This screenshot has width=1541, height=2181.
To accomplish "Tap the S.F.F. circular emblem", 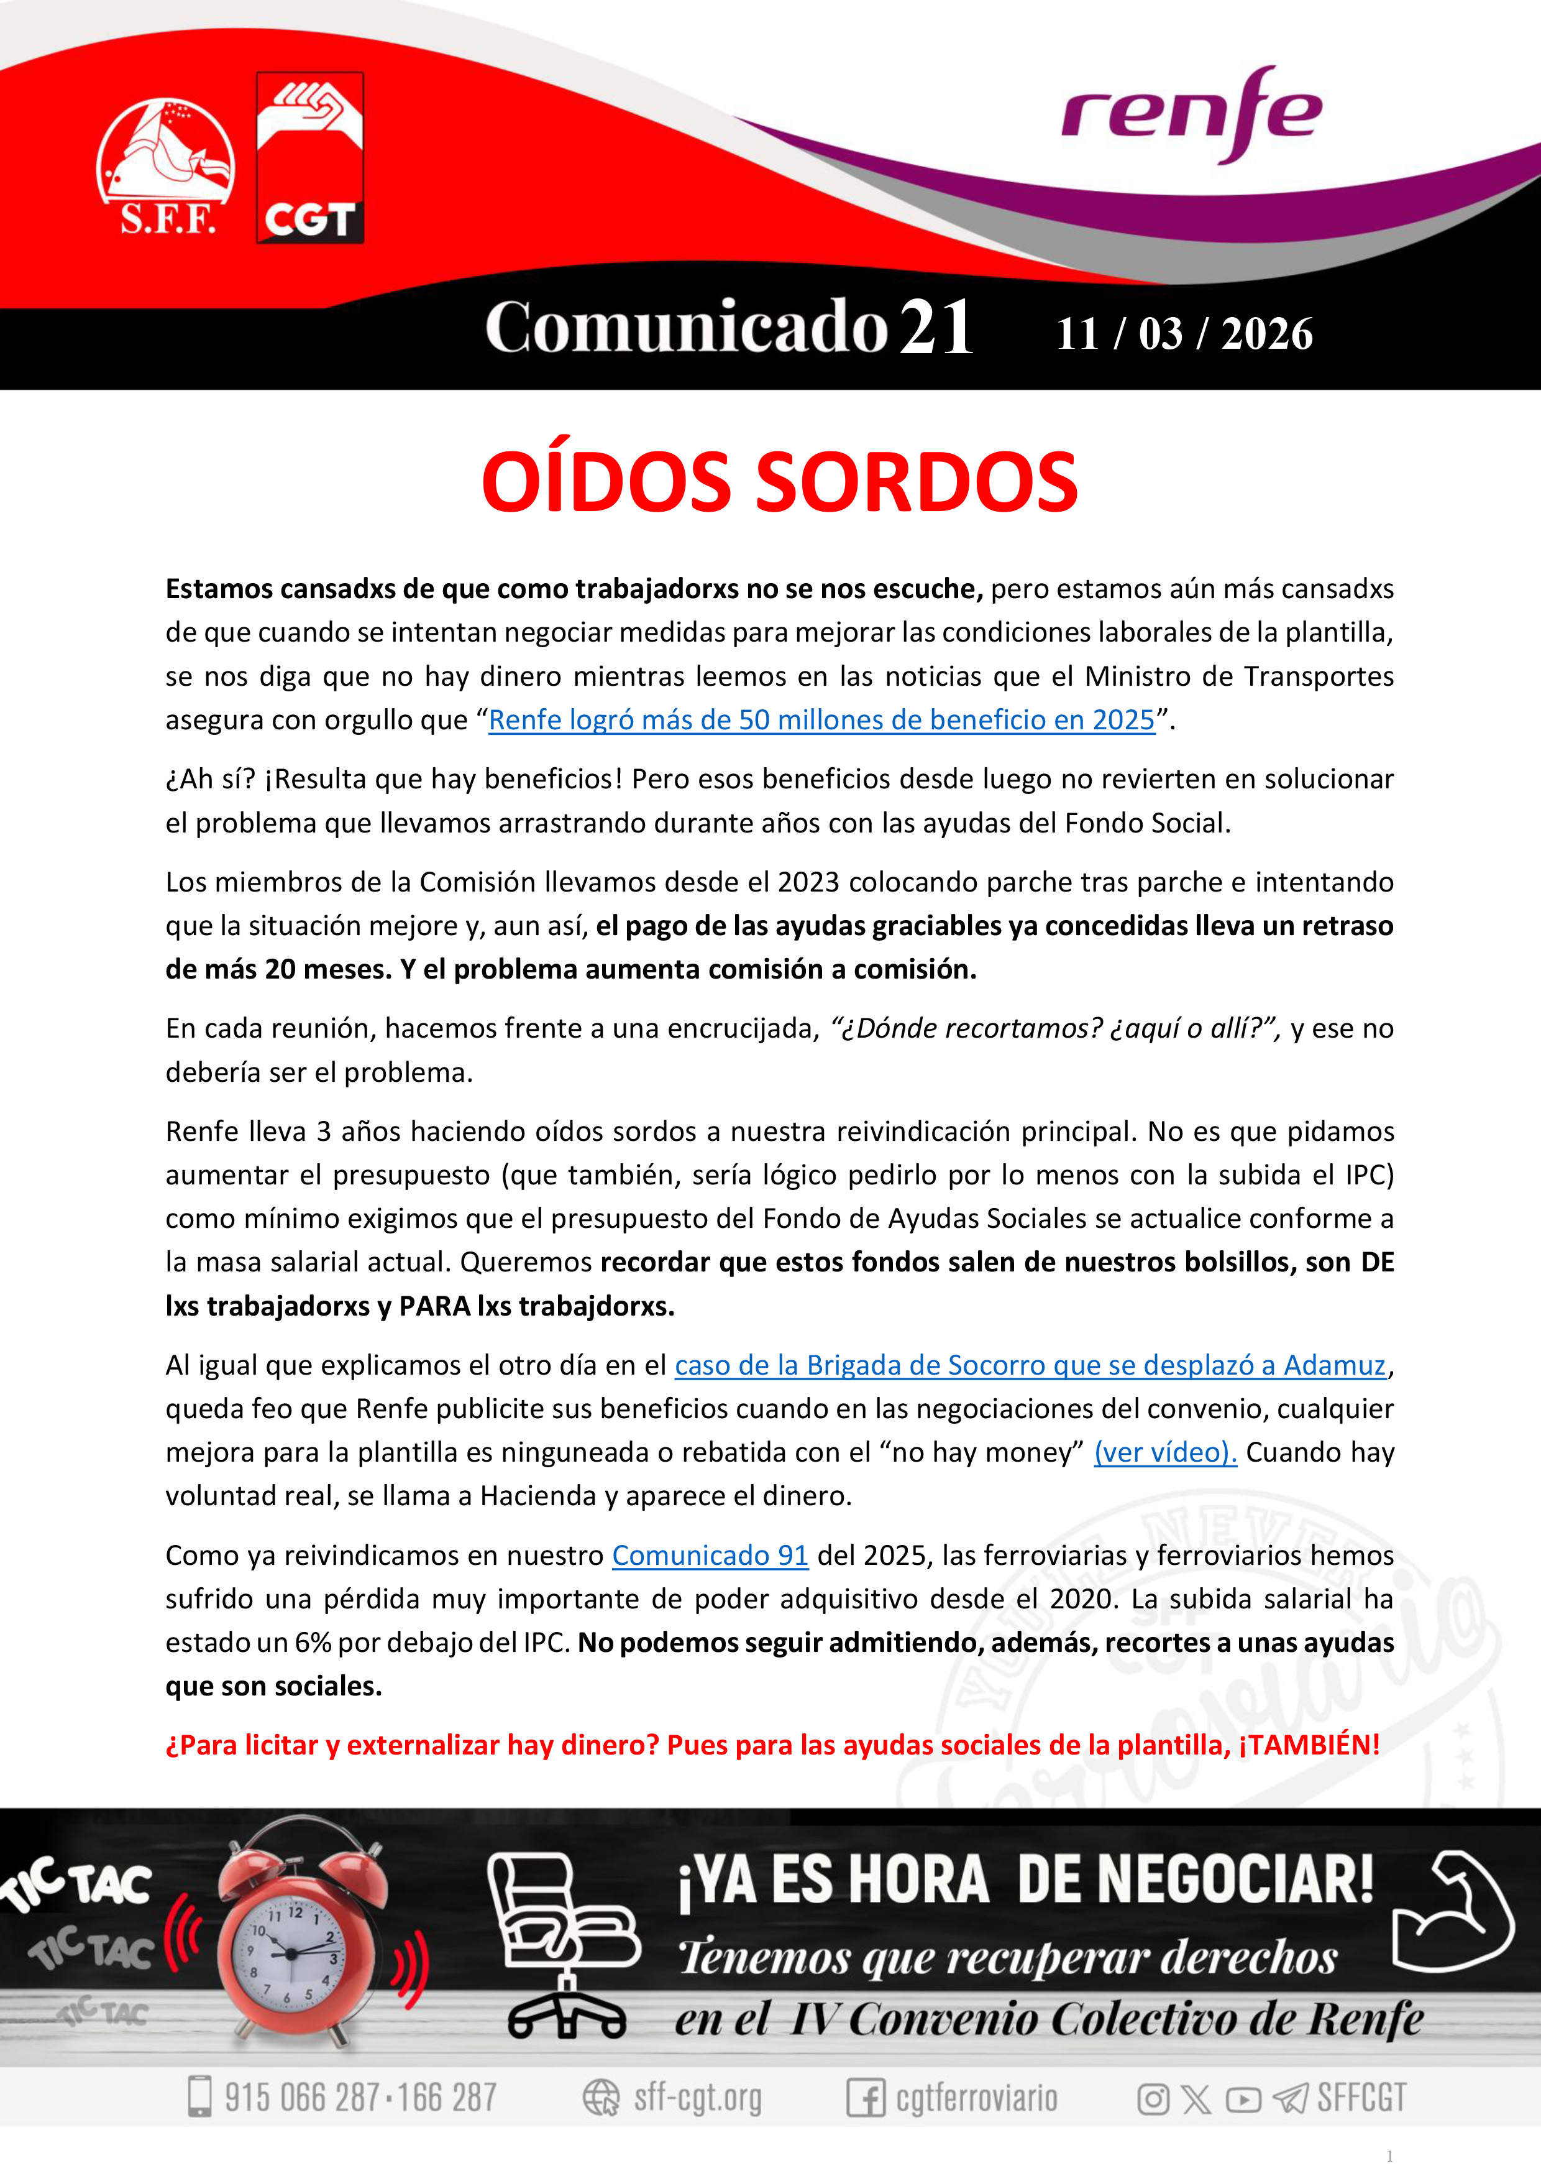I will coord(166,165).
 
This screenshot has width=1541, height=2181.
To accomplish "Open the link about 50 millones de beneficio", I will coord(821,720).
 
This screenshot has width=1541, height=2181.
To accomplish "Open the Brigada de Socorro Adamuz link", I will coord(1030,1365).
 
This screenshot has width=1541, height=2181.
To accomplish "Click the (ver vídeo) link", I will coord(1165,1452).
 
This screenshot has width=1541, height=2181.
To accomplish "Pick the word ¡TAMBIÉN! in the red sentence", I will coord(1309,1745).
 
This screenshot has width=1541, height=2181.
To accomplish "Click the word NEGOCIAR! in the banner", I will coord(1196,1880).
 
